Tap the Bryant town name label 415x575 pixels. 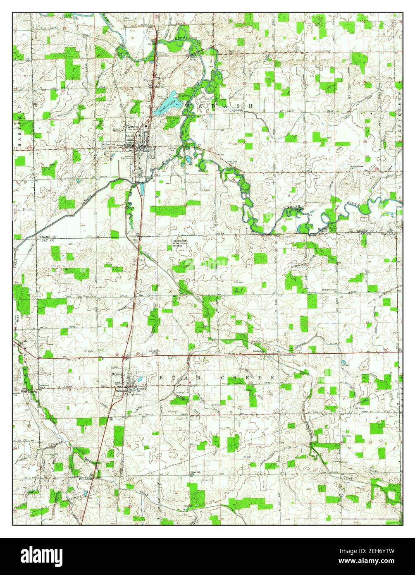(117, 374)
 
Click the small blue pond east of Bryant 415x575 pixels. (141, 379)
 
